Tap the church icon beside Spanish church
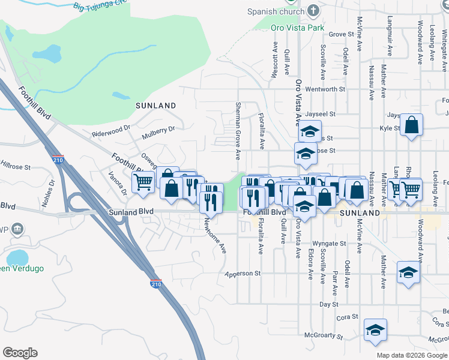313,11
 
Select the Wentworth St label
325,89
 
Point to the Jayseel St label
319,113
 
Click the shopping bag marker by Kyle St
412,125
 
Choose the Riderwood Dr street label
111,130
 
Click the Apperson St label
243,274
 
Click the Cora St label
348,317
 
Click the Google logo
20,353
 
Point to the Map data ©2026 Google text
411,355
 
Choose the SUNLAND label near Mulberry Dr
155,106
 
